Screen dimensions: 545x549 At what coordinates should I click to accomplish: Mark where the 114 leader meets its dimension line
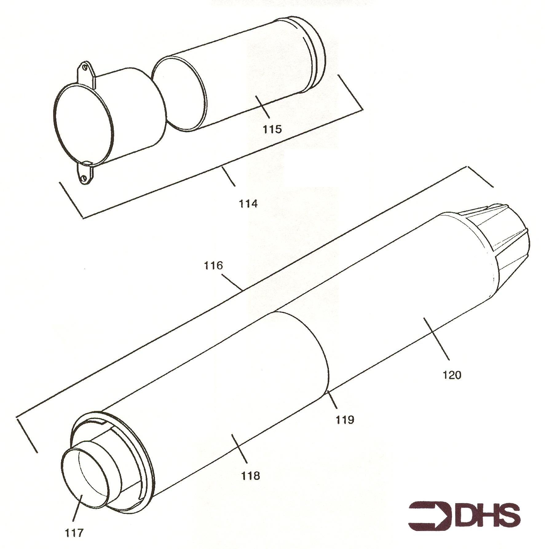point(222,167)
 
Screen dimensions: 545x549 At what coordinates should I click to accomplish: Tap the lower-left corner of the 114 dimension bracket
point(83,218)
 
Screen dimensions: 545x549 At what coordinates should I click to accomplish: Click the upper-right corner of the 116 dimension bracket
point(468,167)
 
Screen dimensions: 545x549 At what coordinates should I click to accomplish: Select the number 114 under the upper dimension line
point(248,204)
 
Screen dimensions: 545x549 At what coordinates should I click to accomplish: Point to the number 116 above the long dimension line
point(213,265)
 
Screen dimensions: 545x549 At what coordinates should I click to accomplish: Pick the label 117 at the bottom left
point(74,533)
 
